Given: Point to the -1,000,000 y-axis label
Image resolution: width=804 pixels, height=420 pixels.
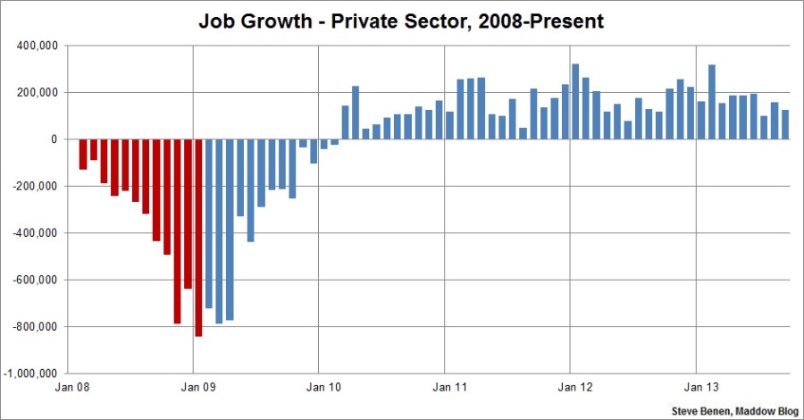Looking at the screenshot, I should [32, 374].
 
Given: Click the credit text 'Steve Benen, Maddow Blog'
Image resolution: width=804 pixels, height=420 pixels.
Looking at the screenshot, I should [733, 411].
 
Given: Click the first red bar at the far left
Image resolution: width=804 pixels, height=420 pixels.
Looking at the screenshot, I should [83, 154].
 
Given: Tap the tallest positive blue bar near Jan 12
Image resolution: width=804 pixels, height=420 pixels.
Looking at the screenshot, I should [575, 102].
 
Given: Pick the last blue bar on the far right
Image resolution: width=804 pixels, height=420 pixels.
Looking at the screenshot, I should [785, 124].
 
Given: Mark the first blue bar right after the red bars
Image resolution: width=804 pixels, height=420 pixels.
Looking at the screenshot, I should [209, 223].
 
